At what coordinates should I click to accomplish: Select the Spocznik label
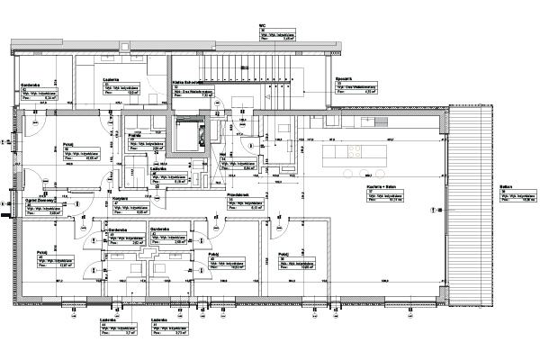tap(344, 78)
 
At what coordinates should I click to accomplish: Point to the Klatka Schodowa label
tap(186, 81)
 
